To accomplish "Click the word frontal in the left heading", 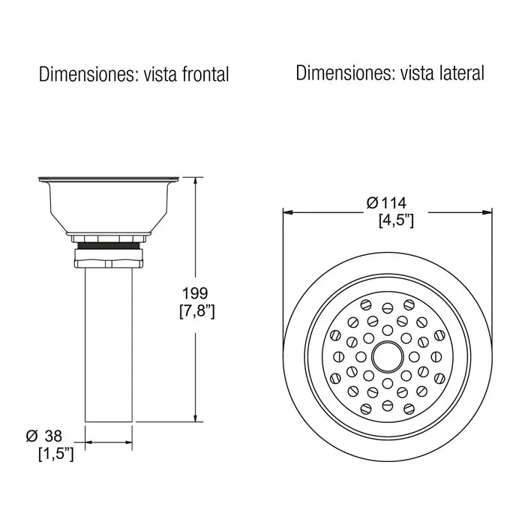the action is pyautogui.click(x=205, y=74).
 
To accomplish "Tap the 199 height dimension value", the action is pyautogui.click(x=195, y=293).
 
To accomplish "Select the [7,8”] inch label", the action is pyautogui.click(x=196, y=311).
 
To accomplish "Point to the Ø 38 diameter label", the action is pyautogui.click(x=44, y=436).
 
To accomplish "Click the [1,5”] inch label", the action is pyautogui.click(x=56, y=454).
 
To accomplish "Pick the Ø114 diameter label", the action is pyautogui.click(x=386, y=203).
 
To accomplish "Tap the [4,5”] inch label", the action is pyautogui.click(x=396, y=220).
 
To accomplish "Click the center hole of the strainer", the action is pyautogui.click(x=388, y=357).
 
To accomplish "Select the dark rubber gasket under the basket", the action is pyautogui.click(x=109, y=245).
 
